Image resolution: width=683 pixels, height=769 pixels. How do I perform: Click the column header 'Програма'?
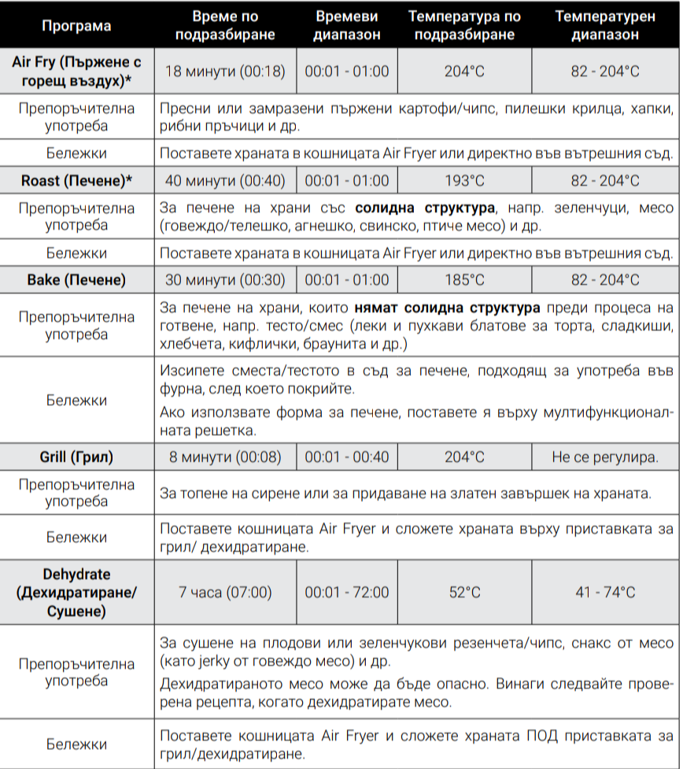tap(76, 26)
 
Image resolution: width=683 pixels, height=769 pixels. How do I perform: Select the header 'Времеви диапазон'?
tap(346, 26)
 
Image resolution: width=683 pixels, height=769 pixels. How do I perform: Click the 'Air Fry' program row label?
tap(76, 72)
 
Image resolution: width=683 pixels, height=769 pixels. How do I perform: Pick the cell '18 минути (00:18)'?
tap(225, 72)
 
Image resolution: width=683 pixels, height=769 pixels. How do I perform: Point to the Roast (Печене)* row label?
tap(76, 181)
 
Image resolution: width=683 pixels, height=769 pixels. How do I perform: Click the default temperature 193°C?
tap(464, 181)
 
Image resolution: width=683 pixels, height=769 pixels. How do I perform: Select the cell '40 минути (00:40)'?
tap(225, 181)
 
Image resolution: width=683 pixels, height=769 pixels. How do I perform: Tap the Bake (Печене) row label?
tap(76, 280)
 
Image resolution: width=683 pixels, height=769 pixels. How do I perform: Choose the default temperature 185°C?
tap(464, 280)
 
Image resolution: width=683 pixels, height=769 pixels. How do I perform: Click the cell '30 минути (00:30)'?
tap(225, 280)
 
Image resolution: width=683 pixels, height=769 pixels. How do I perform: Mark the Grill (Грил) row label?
tap(76, 457)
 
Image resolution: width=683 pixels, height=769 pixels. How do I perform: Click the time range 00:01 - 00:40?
tap(346, 457)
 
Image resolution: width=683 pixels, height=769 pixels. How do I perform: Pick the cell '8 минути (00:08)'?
tap(225, 457)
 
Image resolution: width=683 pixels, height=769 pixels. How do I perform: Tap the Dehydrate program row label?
tap(76, 592)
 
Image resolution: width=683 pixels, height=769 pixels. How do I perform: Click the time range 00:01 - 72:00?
tap(346, 592)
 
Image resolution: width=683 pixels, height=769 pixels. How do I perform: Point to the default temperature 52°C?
tap(464, 592)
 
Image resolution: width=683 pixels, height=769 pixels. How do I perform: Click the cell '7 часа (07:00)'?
tap(225, 592)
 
